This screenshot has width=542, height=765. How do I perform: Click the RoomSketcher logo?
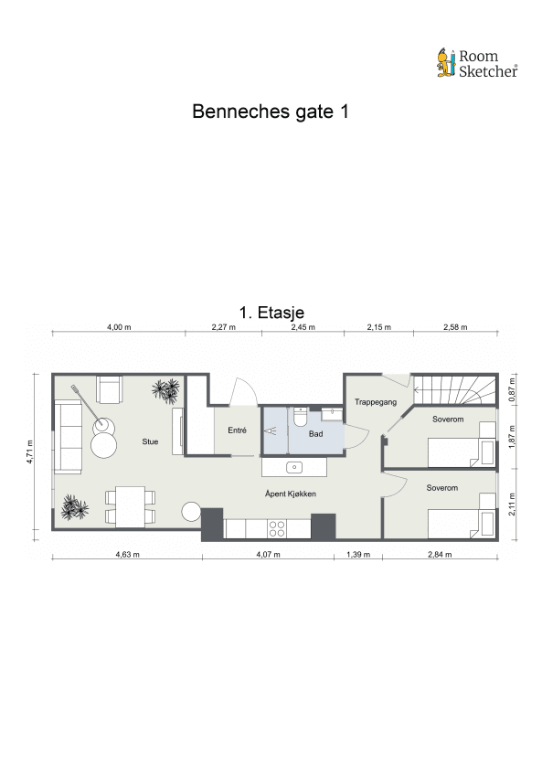coord(476,63)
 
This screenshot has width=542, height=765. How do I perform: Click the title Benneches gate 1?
coord(271,112)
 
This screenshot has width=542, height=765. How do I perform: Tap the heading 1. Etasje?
coord(271,313)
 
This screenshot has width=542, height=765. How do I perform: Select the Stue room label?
coord(150,442)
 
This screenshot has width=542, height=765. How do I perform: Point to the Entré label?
coord(237,430)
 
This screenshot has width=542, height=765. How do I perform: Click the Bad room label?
coord(316,434)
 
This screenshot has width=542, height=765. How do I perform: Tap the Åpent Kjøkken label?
coord(291,494)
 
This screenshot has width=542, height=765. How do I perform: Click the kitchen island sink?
coord(294,467)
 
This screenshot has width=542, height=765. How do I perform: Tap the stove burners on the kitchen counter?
coord(276,527)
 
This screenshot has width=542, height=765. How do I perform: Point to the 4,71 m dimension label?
coord(30,453)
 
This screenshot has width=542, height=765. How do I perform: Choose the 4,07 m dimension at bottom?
coord(272,554)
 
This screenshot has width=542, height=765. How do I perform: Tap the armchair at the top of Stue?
coord(111,390)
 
